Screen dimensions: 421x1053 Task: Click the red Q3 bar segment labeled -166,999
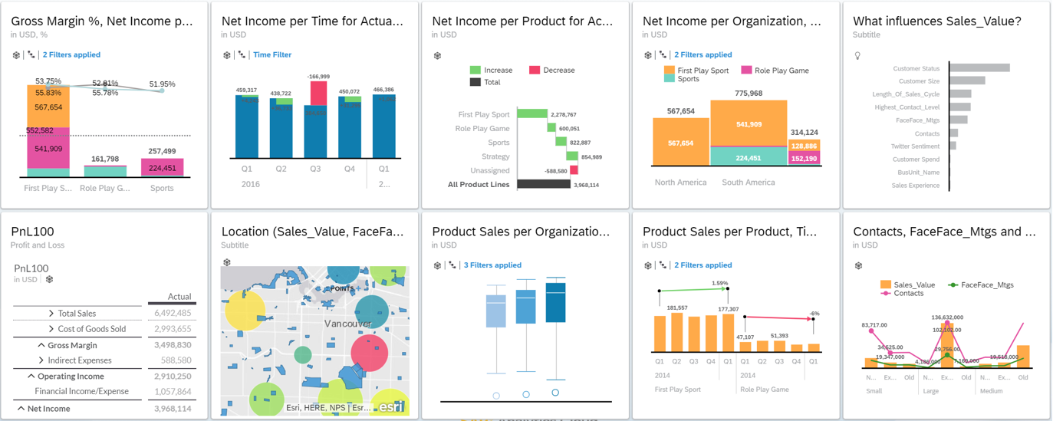coord(318,93)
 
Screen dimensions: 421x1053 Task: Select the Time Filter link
coord(271,55)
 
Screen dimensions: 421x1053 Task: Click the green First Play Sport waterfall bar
coord(531,113)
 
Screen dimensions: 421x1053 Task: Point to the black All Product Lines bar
coord(543,184)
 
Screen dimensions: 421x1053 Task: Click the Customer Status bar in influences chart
coord(979,68)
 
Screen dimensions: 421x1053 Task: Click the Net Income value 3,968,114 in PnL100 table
coord(173,409)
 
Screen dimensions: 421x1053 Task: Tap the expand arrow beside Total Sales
coord(51,314)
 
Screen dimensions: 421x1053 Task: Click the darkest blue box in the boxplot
coord(554,302)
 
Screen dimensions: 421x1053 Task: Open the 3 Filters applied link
coord(492,265)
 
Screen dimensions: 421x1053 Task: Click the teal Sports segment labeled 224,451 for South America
coord(749,157)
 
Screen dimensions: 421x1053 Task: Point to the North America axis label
coord(680,183)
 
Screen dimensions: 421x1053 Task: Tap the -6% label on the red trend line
coord(814,314)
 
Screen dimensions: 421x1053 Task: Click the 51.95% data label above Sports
coord(162,84)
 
